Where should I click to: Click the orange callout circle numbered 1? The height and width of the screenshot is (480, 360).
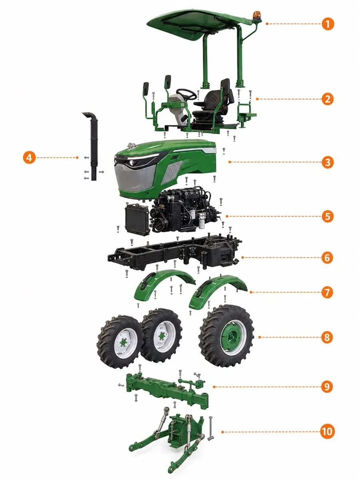coord(328,24)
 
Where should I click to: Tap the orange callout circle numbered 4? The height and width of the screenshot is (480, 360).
coord(29,158)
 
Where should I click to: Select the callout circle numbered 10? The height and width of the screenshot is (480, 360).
coord(327,432)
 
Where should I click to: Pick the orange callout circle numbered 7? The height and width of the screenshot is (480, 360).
coord(327,292)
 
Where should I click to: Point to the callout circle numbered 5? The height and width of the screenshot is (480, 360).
coord(328,216)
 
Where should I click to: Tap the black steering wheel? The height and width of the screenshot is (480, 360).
coord(186,94)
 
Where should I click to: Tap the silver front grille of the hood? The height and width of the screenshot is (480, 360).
coord(135,178)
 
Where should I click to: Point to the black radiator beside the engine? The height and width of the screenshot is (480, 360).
coord(137,219)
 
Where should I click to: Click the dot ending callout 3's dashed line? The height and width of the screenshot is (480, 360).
coord(230,162)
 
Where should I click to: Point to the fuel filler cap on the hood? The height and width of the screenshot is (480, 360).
coord(131,145)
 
